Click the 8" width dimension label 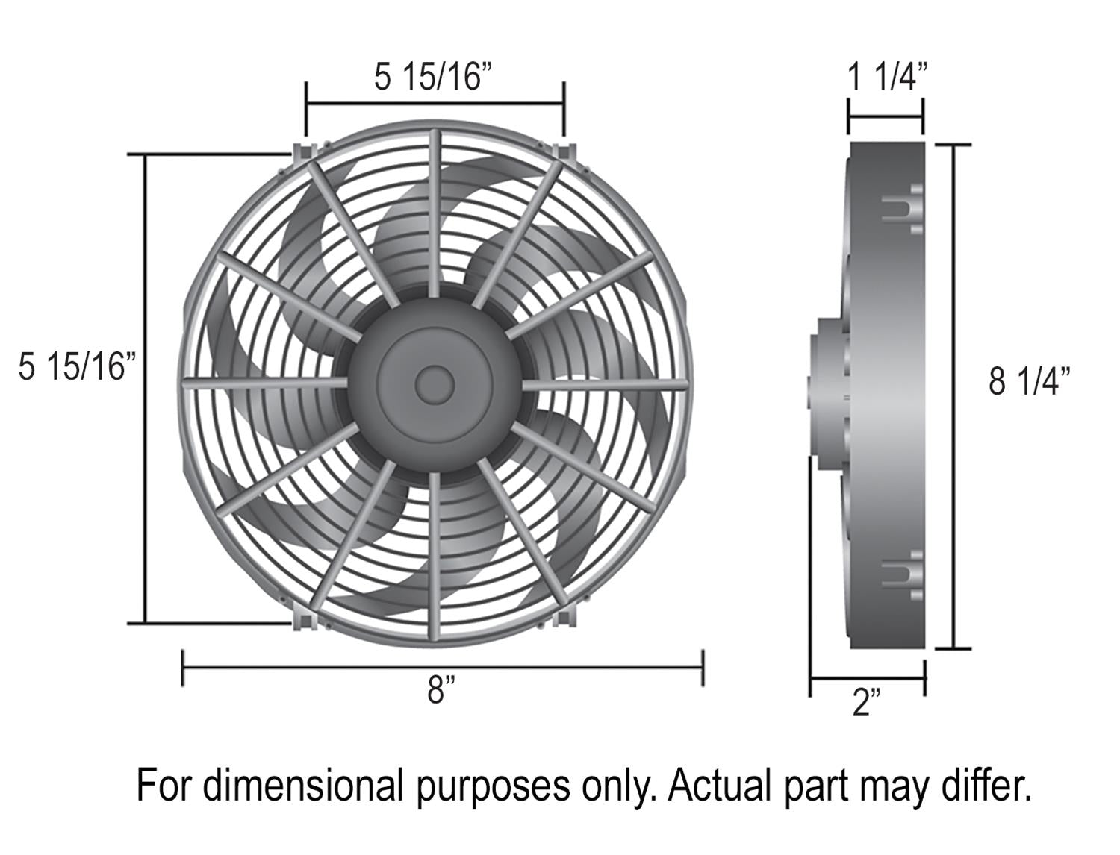coord(441,690)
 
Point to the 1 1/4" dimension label coord(887,77)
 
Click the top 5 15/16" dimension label coord(435,77)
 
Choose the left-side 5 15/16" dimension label coord(78,366)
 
